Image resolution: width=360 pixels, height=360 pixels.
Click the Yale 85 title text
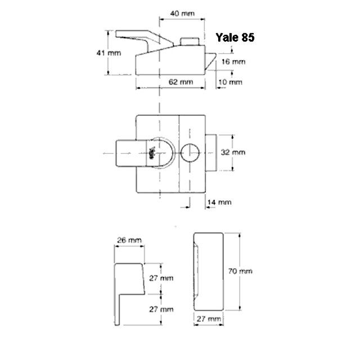click(x=235, y=38)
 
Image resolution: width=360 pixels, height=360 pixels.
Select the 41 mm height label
click(x=107, y=52)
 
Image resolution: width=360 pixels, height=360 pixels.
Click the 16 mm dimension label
click(x=233, y=61)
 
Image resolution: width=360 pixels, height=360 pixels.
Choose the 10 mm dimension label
click(x=231, y=82)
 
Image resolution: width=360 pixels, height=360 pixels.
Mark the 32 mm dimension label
click(x=233, y=152)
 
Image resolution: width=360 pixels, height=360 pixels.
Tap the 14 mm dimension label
click(x=219, y=201)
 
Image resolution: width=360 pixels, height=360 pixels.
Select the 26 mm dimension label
click(x=128, y=240)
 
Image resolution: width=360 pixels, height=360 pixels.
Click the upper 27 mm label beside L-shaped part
click(x=161, y=278)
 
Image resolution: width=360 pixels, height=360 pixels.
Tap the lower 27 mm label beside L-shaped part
click(x=161, y=309)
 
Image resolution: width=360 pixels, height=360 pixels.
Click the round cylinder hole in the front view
click(x=190, y=152)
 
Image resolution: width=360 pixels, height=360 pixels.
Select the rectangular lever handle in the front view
click(x=128, y=152)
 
